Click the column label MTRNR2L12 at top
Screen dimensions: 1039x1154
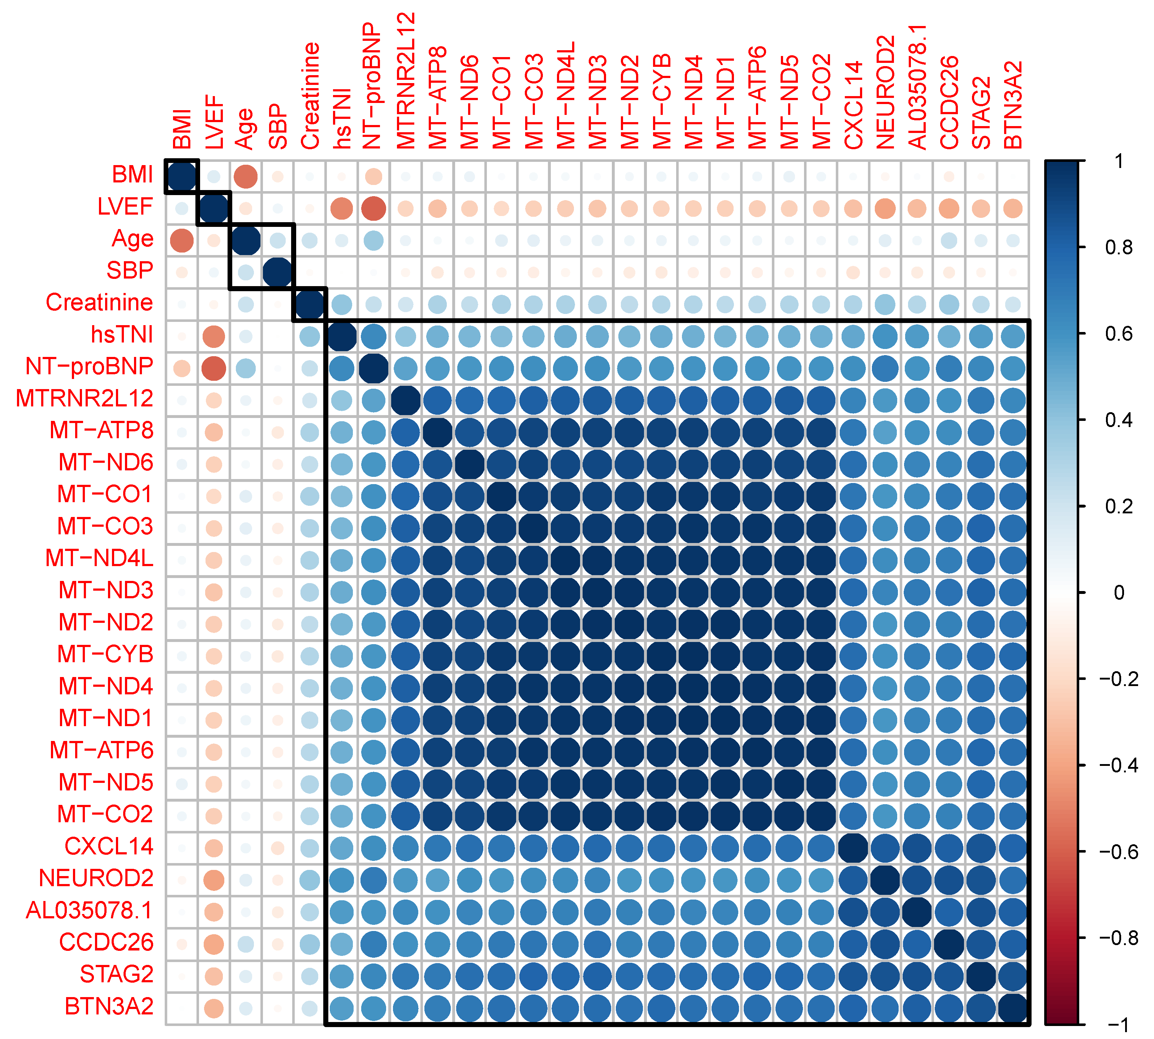[406, 81]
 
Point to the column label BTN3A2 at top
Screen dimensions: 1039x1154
[1013, 105]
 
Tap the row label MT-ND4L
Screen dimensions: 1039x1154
[99, 558]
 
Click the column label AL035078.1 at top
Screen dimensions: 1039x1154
[917, 87]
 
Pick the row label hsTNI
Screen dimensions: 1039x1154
[122, 335]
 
